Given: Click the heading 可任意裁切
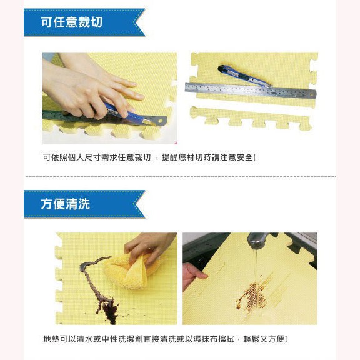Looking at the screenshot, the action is tap(72, 22).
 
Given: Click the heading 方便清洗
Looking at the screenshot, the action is tap(66, 204).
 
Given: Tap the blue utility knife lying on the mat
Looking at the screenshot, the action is tap(244, 76).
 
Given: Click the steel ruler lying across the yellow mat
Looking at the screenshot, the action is tap(251, 90).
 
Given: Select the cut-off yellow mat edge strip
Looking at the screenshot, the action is tap(251, 118).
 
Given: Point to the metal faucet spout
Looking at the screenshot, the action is tap(257, 241).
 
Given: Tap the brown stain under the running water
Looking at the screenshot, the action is tap(252, 296).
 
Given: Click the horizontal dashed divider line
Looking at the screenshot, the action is tap(181, 176).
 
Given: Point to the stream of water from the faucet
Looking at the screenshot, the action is tap(255, 269).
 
